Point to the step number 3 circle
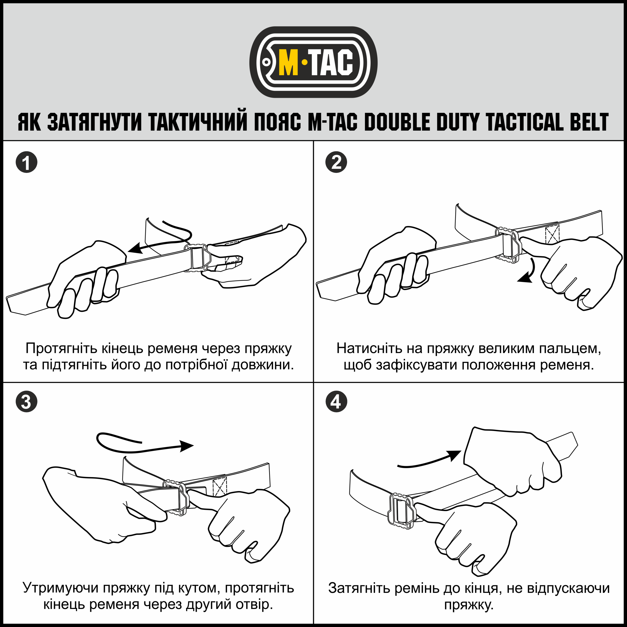(27, 401)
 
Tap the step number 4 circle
(336, 401)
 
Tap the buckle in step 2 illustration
(508, 245)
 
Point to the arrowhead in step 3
(186, 446)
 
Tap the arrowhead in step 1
(135, 248)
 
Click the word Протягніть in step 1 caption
(62, 349)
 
